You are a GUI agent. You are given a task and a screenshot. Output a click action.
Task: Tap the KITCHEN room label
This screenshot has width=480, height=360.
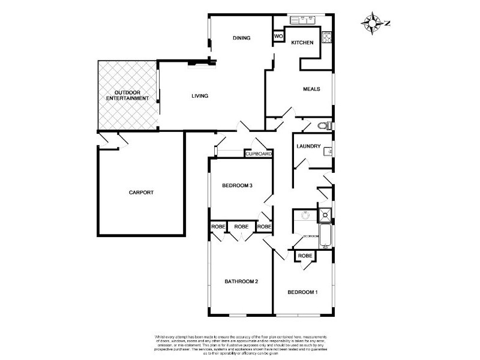click(302, 43)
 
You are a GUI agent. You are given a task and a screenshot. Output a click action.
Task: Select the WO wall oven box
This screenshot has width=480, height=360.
click(278, 37)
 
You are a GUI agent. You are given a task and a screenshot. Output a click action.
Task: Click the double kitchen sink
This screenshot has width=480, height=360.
click(304, 20)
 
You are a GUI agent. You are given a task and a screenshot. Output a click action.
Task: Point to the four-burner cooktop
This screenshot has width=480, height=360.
click(327, 37)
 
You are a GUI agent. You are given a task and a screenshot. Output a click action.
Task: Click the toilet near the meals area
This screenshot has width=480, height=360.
click(324, 126)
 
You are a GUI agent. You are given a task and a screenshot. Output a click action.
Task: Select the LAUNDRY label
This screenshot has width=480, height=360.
click(309, 146)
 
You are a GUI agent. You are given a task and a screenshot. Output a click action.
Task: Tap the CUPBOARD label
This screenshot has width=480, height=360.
click(259, 154)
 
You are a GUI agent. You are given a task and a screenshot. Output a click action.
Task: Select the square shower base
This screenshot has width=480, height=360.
click(324, 214)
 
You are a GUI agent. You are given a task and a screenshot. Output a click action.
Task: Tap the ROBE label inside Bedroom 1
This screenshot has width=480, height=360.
click(305, 256)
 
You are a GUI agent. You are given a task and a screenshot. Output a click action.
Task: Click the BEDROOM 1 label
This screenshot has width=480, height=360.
click(302, 292)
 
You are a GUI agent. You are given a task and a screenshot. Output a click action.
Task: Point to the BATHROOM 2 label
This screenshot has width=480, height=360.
click(241, 281)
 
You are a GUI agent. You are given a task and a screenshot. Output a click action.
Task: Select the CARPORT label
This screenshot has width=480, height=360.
click(141, 193)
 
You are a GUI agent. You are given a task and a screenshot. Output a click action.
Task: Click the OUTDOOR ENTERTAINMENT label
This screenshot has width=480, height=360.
click(127, 95)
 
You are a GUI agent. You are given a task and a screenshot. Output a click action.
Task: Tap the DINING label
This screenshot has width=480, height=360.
click(241, 38)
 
